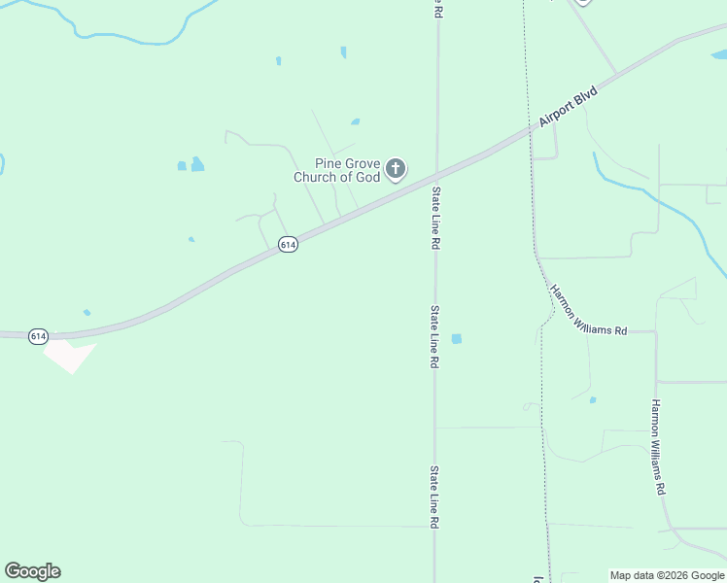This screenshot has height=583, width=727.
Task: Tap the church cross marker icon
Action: pos(396,170)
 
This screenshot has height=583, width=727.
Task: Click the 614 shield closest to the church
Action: pos(288,245)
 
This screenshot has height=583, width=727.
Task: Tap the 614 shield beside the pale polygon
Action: pos(38,336)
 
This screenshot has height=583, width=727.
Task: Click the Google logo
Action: pos(32,571)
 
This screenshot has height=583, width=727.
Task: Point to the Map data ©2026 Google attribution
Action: pos(667,575)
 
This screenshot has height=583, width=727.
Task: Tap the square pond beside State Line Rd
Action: pos(456,339)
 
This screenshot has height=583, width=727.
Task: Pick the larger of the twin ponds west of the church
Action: pos(197,164)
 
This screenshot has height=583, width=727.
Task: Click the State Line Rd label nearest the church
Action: pos(436,219)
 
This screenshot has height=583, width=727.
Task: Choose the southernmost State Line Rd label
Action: pos(433,497)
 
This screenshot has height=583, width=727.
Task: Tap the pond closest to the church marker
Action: pos(355,121)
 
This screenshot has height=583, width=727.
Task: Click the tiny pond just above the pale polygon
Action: pos(87,312)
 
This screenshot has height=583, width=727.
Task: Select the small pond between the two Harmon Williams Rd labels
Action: pos(592,399)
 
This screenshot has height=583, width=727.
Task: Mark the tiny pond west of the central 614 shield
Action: pos(191,239)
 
